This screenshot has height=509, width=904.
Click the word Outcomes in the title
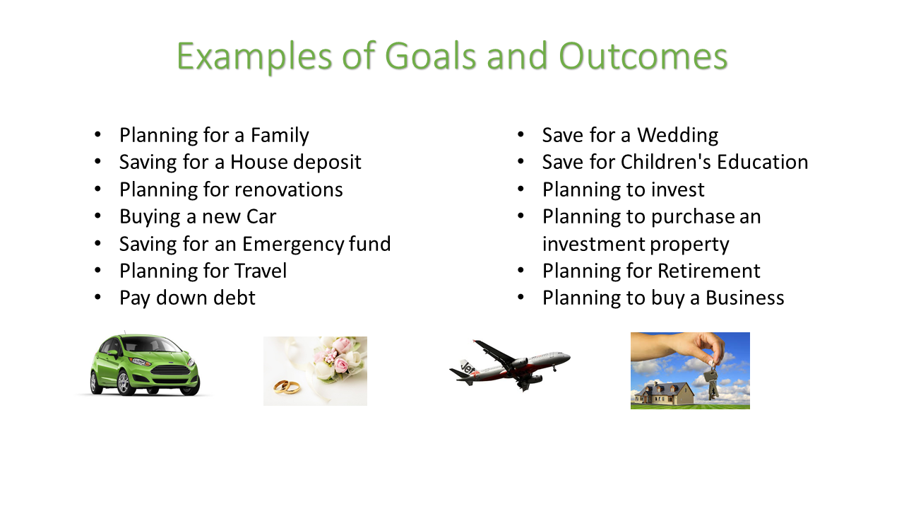[x=643, y=57]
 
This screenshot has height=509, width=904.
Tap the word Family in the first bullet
[x=280, y=135]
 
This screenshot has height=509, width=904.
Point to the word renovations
[x=288, y=189]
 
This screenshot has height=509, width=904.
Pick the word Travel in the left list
[x=261, y=271]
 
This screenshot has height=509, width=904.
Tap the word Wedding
[x=677, y=135]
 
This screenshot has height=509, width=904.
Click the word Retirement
[x=709, y=271]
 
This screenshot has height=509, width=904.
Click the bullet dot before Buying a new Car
[x=97, y=216]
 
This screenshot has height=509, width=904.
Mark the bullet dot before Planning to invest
[x=521, y=189]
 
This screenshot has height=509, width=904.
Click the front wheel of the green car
[x=124, y=383]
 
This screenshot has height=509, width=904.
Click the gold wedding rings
[x=287, y=387]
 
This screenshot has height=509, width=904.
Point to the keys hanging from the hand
[x=711, y=382]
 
